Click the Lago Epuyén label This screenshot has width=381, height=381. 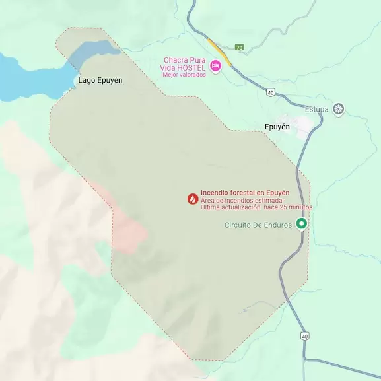tap(100, 80)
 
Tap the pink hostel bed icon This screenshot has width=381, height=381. tap(215, 65)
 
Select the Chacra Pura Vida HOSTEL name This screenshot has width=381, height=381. tap(186, 63)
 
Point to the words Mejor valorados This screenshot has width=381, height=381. tap(184, 74)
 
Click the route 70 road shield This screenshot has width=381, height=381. tap(239, 48)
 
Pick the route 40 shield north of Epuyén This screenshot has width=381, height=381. tap(271, 92)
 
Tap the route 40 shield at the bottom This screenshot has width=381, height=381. tap(304, 336)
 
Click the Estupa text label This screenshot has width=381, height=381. tap(317, 109)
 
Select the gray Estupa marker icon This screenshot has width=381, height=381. tap(339, 109)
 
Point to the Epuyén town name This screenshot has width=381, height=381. tap(277, 127)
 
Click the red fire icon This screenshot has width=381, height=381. tap(192, 198)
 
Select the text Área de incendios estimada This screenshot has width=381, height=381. tap(242, 200)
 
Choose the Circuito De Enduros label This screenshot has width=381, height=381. tap(258, 225)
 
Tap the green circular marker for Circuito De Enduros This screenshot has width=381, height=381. tap(302, 224)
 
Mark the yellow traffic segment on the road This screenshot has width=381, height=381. tap(220, 52)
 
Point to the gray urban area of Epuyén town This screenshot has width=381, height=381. tap(304, 126)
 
